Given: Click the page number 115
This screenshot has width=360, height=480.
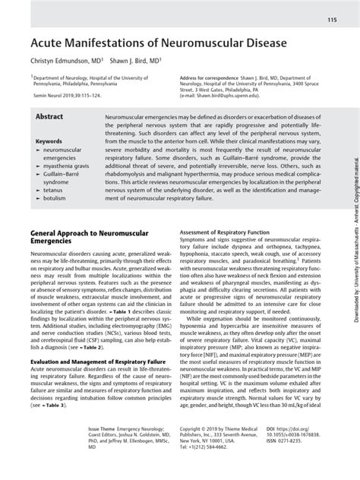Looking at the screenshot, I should tap(332, 19).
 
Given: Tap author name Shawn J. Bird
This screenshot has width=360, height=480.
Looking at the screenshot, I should tap(137, 63).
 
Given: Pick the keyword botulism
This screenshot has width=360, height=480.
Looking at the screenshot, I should tap(54, 203).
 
